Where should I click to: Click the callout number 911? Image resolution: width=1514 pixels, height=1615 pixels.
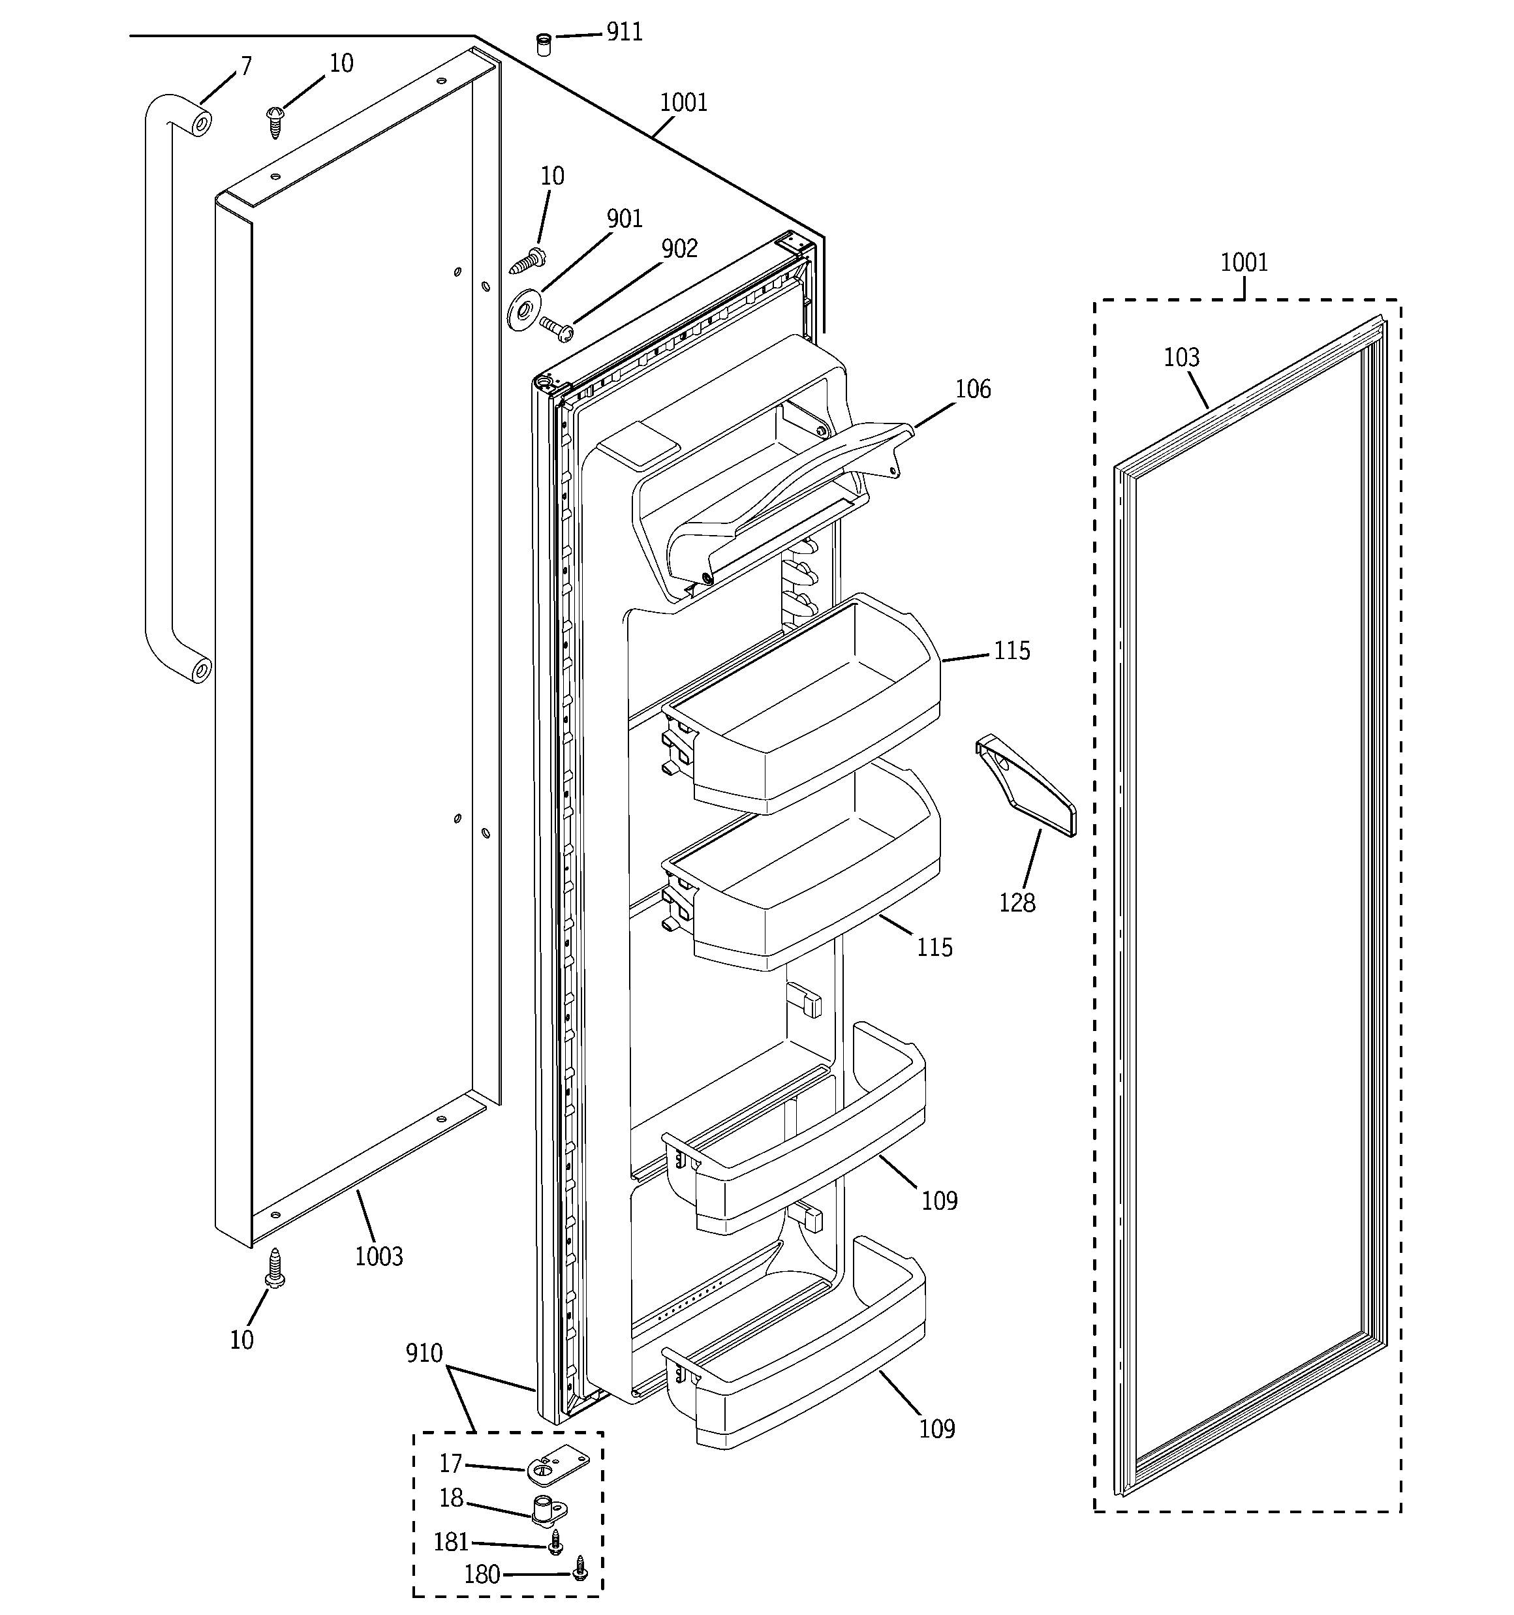(624, 33)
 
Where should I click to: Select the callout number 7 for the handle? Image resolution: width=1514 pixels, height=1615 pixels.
(245, 66)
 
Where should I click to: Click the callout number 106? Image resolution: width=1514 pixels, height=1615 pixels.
(973, 390)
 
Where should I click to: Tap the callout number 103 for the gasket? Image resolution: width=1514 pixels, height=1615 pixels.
(1181, 358)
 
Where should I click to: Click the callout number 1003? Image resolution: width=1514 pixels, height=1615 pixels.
(379, 1257)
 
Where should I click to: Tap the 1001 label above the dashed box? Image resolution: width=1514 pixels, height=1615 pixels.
(1243, 262)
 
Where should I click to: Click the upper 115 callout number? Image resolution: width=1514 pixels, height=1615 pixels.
(1012, 651)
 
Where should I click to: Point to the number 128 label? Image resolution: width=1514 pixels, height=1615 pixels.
(1017, 902)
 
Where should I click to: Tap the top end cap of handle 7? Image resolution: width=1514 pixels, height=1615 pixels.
(200, 124)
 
